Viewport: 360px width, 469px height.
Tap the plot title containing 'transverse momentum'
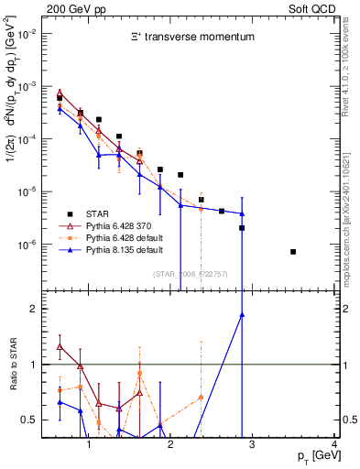191,38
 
